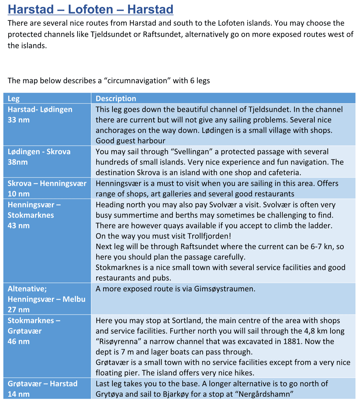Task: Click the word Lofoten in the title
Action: pyautogui.click(x=91, y=9)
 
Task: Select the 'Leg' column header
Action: pyautogui.click(x=14, y=99)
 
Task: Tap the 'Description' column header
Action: pyautogui.click(x=116, y=99)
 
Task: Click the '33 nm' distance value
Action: pyautogui.click(x=19, y=120)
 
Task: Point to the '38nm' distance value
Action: pyautogui.click(x=18, y=162)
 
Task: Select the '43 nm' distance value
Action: pyautogui.click(x=19, y=226)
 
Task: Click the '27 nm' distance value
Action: pyautogui.click(x=19, y=310)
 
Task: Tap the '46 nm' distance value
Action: pyautogui.click(x=19, y=342)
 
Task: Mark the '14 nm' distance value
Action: pyautogui.click(x=19, y=394)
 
